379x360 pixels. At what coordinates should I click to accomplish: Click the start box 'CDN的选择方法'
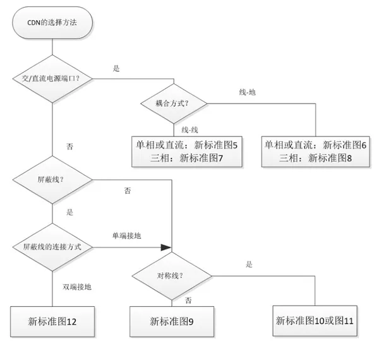52,23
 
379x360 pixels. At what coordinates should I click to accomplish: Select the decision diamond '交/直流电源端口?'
52,79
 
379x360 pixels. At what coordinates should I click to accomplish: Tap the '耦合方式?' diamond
174,104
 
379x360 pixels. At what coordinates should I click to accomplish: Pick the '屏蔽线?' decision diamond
52,180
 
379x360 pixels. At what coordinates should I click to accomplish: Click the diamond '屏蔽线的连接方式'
52,247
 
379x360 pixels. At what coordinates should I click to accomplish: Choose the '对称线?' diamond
172,276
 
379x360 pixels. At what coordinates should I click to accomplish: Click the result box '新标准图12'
52,321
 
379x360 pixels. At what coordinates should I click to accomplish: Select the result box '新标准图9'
172,321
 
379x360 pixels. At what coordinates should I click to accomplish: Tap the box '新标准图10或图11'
315,321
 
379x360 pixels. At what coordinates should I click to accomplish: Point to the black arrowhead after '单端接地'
166,248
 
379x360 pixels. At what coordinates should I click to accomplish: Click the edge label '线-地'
247,92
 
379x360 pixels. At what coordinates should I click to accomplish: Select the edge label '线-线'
189,130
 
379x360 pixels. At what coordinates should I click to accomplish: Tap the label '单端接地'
127,236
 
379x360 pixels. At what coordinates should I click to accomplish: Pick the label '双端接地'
77,287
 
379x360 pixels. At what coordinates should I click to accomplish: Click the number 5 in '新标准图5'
235,145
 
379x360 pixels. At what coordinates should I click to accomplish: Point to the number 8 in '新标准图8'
349,159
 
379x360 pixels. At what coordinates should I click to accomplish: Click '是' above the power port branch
116,68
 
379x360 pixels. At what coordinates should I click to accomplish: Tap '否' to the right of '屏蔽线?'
128,191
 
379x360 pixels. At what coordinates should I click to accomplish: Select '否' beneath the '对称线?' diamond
188,301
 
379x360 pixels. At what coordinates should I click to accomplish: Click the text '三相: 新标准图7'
186,159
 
